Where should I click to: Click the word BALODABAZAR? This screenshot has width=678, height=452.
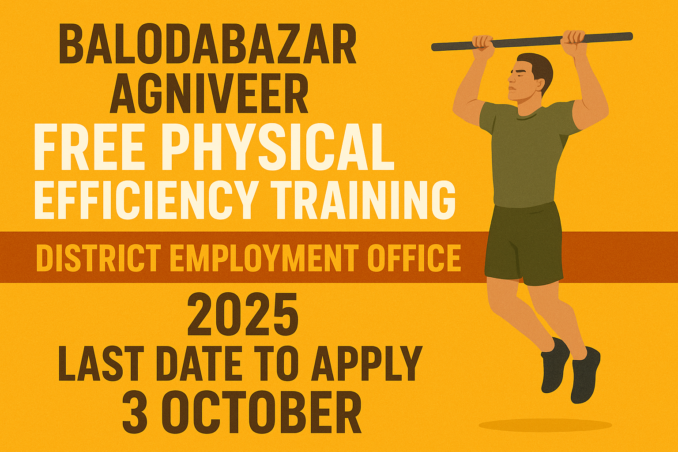click(207, 45)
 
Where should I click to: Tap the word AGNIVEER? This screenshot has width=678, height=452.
click(209, 94)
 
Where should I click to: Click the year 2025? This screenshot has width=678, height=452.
click(243, 316)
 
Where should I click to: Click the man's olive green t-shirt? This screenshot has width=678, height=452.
click(525, 154)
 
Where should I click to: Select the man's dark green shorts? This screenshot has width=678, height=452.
click(524, 243)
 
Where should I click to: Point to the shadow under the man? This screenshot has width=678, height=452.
click(545, 425)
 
